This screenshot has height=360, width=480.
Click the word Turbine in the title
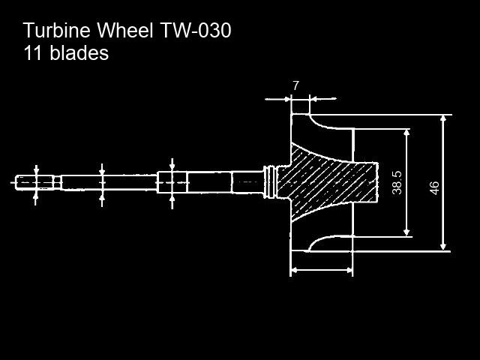point(57,31)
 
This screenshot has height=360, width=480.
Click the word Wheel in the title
point(125,31)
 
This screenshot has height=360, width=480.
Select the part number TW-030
point(196,31)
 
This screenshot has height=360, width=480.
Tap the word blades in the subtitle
point(79,52)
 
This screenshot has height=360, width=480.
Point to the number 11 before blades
point(32,52)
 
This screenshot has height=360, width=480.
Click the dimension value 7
point(295,86)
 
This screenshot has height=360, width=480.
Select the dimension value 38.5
point(397,183)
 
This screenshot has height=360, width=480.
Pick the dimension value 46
point(434,188)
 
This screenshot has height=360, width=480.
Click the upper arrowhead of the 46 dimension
point(443,118)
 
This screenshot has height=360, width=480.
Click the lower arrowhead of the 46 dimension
point(443,247)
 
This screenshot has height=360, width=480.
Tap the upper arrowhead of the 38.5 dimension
point(406,132)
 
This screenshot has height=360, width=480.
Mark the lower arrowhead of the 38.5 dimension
point(406,232)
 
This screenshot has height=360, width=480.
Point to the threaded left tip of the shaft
point(34,183)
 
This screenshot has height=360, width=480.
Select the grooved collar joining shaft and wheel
point(269,182)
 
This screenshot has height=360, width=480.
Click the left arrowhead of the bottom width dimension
point(294,270)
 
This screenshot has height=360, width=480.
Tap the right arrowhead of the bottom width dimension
point(349,270)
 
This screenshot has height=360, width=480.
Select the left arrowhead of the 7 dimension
point(286,99)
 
